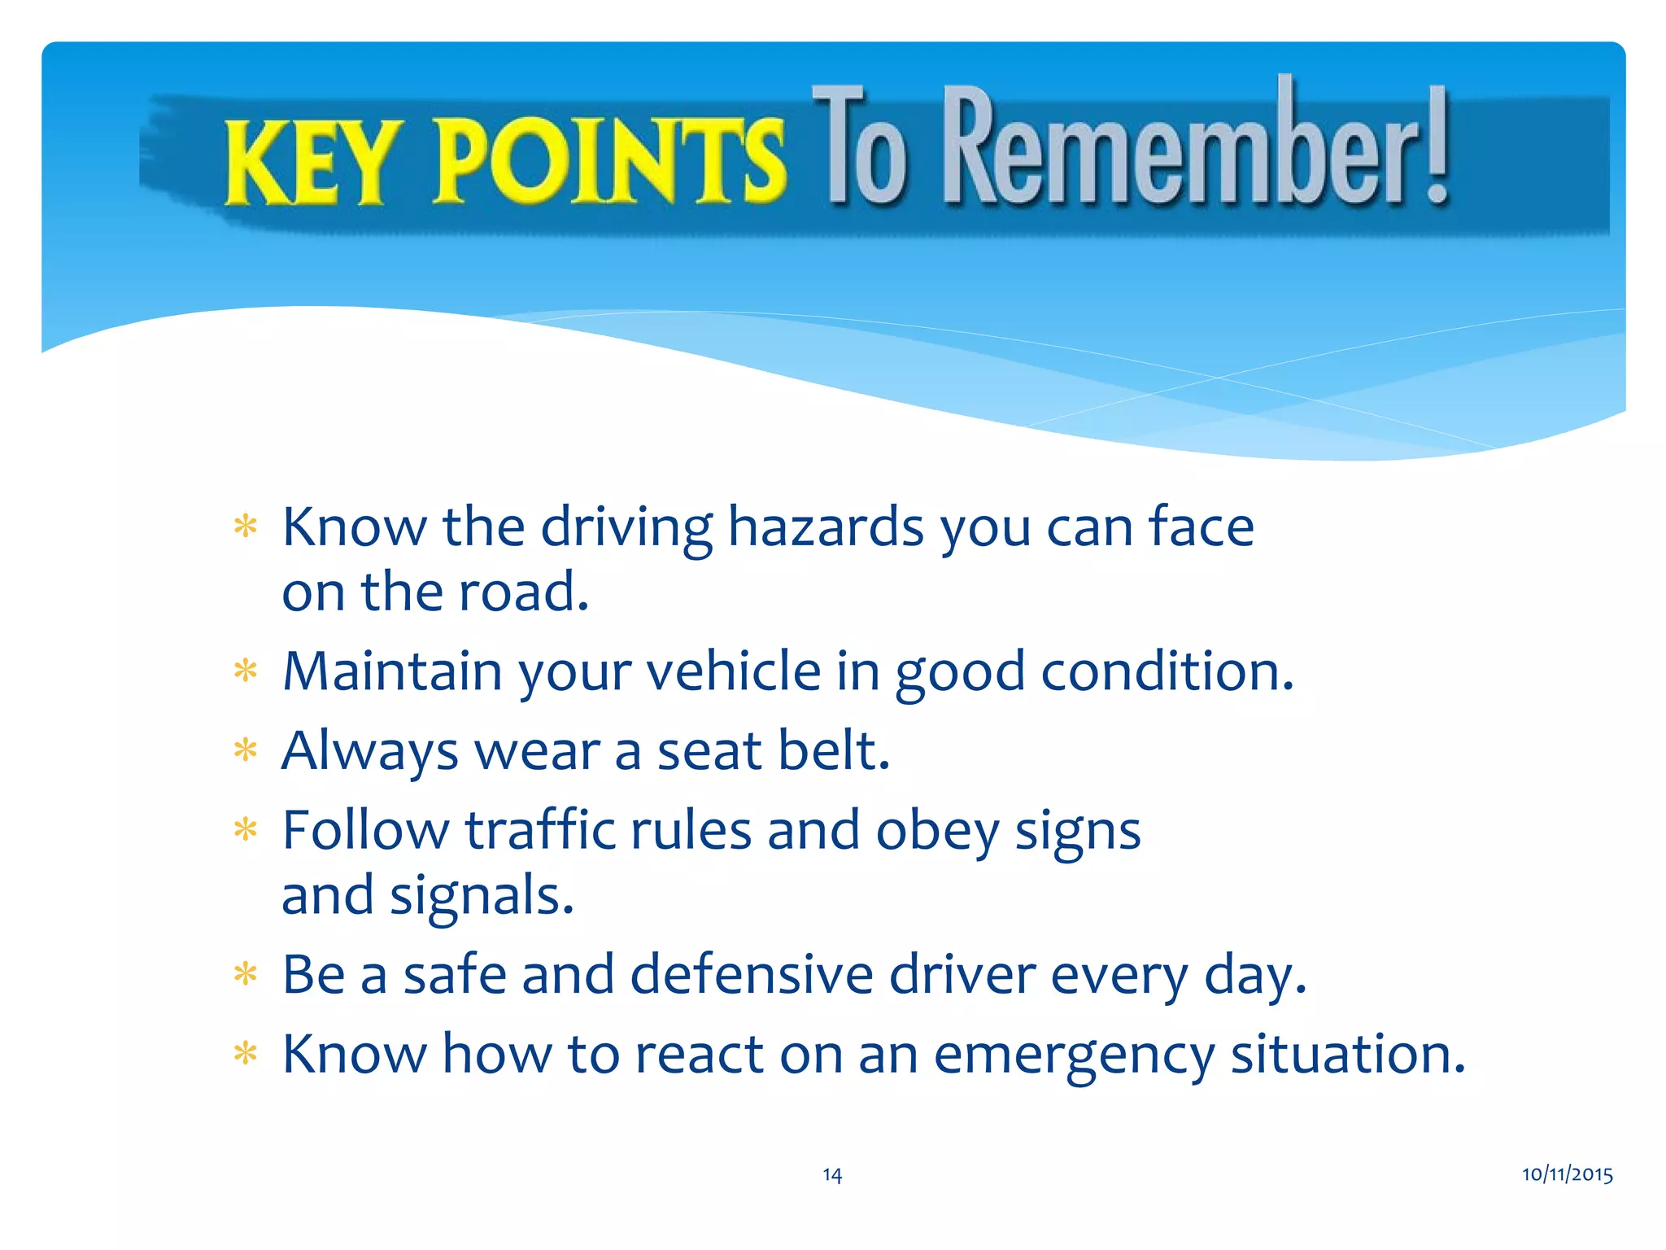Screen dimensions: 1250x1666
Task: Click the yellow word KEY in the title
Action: pos(308,162)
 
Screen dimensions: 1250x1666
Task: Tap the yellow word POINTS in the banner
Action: pos(609,160)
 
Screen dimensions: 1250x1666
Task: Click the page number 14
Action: pos(831,1174)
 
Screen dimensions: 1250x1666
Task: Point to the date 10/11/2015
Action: pos(1567,1174)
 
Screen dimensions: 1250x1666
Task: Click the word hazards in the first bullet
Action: pos(825,527)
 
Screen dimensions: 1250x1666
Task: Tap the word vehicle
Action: pos(734,671)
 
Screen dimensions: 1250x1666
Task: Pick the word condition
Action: pos(1167,671)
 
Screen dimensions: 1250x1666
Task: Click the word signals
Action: pos(482,895)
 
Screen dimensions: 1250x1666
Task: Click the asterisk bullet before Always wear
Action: pos(245,750)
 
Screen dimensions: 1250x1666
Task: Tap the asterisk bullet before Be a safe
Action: pos(245,973)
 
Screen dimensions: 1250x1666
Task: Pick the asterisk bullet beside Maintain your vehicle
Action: pos(245,671)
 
